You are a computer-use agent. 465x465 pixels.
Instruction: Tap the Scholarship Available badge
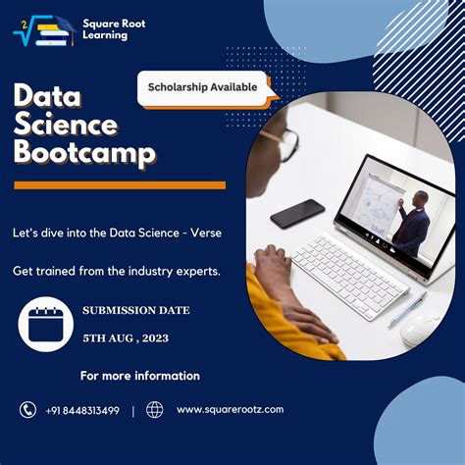(x=203, y=86)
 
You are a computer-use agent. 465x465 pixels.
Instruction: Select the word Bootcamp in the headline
(x=83, y=153)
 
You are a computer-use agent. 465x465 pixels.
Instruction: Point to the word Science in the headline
(x=65, y=125)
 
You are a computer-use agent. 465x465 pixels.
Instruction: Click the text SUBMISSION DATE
(x=136, y=310)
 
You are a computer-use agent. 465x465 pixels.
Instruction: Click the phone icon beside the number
(x=26, y=410)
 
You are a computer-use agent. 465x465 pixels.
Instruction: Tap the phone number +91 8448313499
(x=82, y=410)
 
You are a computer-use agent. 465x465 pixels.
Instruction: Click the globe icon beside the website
(x=154, y=410)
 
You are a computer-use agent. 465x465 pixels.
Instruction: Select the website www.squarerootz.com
(x=230, y=409)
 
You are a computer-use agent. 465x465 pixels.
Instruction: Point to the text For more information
(x=139, y=376)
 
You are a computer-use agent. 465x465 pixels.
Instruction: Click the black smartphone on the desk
(x=296, y=213)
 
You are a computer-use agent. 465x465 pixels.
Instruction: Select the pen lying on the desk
(x=406, y=308)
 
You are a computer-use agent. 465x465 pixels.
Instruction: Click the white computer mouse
(x=419, y=330)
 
